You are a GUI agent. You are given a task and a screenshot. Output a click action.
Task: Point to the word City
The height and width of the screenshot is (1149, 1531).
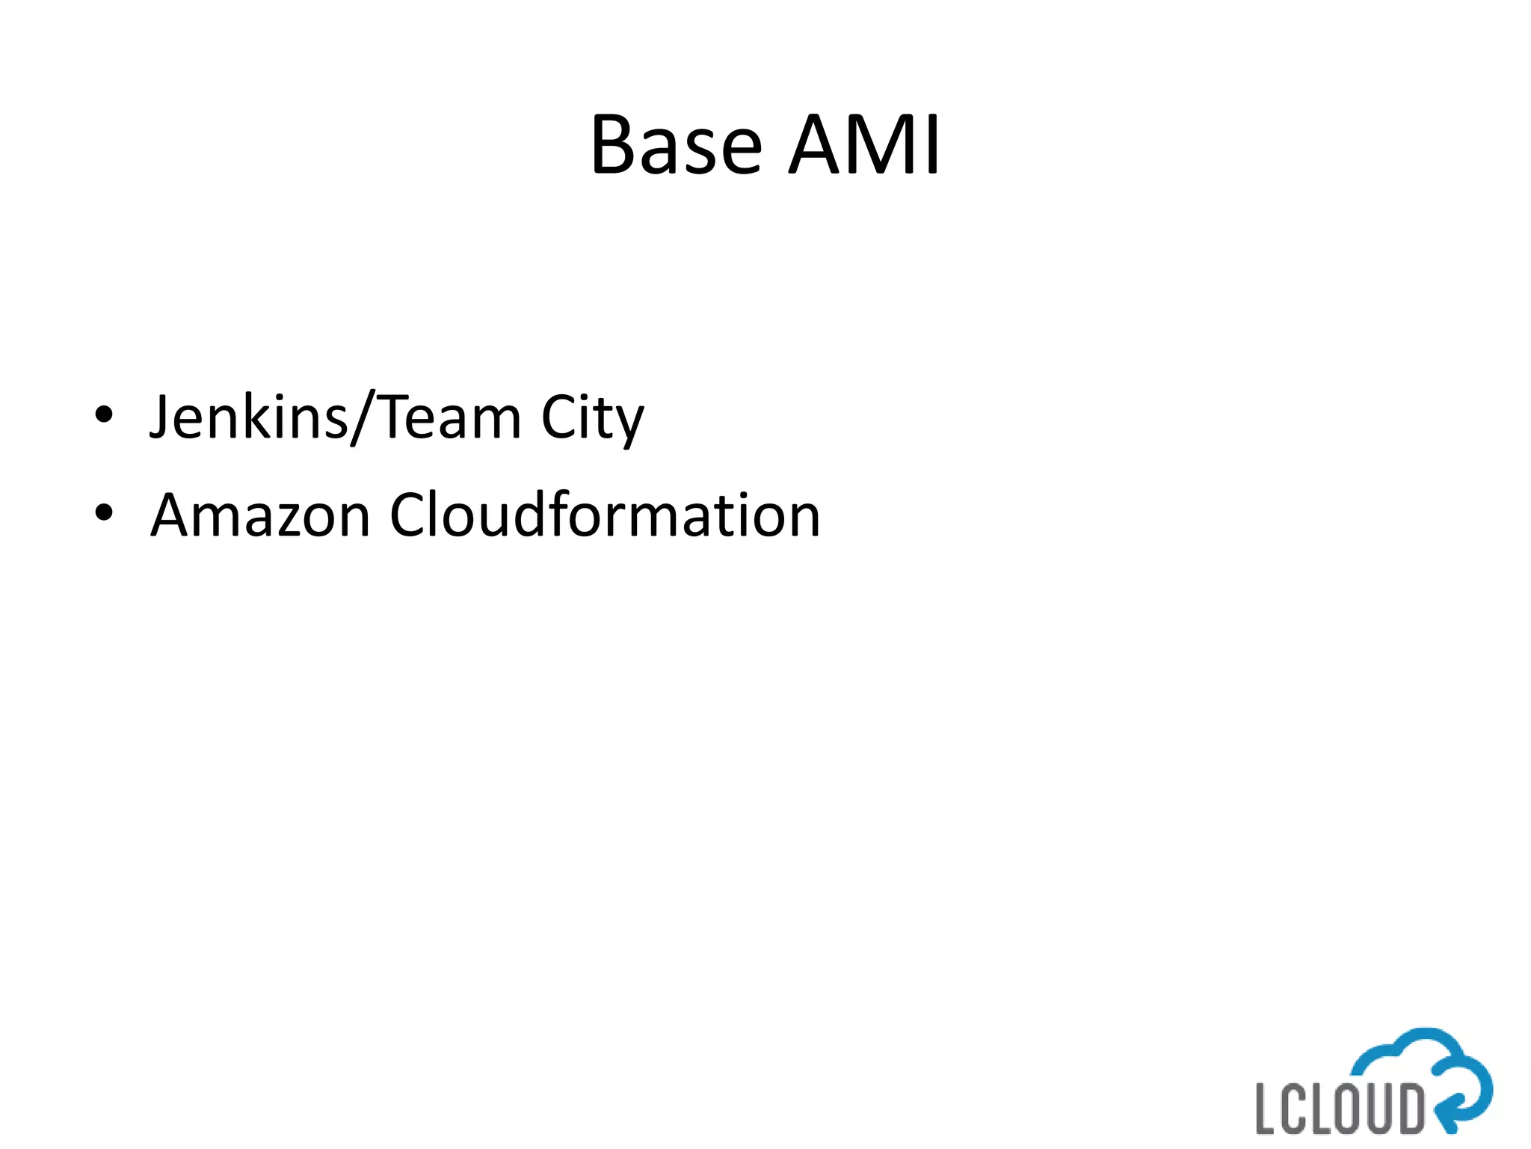592,419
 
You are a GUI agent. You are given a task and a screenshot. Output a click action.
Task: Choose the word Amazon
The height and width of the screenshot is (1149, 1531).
261,515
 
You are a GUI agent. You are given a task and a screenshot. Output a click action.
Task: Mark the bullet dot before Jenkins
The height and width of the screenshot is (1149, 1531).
104,414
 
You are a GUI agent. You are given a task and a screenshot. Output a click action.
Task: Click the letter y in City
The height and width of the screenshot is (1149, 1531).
630,425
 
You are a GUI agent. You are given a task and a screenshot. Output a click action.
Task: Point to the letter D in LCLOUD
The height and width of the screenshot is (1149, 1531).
1409,1108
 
